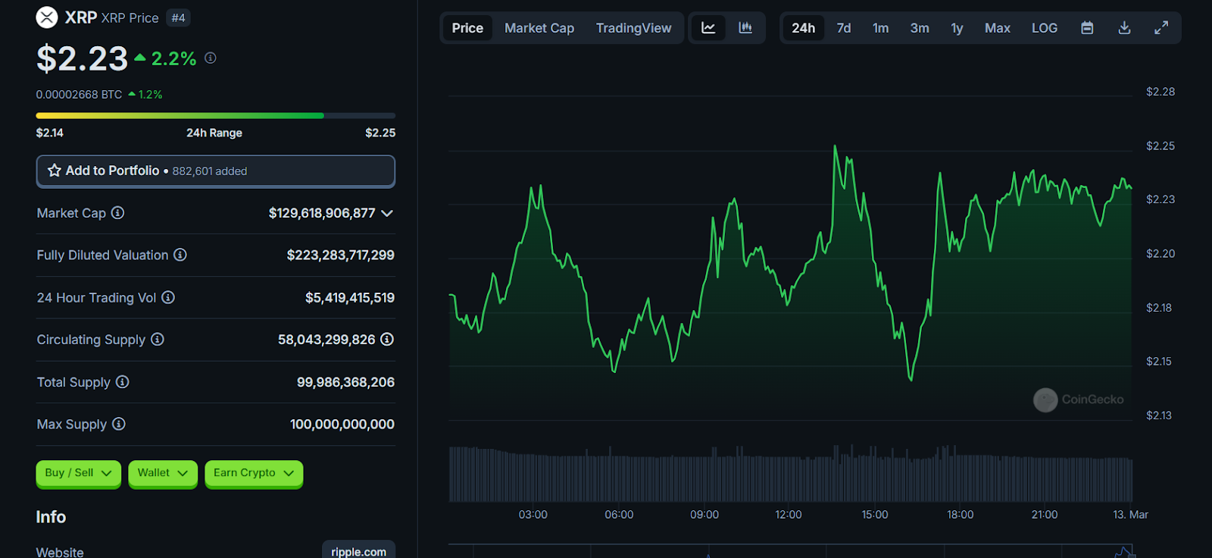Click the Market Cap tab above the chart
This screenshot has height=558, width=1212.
539,28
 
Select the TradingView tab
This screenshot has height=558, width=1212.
633,28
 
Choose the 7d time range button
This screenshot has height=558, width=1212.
843,28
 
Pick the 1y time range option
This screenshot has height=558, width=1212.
957,28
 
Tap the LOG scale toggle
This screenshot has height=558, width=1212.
1044,28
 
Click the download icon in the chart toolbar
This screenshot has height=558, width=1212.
1124,28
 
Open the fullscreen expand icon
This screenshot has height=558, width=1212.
1160,28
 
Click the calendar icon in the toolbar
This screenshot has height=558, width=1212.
1087,28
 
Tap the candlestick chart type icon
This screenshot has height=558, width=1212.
745,28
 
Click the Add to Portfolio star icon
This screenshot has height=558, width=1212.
55,171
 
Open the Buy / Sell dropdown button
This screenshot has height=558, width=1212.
78,473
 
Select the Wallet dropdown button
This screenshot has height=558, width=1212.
162,473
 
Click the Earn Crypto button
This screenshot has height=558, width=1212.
253,473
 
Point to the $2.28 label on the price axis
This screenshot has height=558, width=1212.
1160,92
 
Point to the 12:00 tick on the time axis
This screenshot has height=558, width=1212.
788,515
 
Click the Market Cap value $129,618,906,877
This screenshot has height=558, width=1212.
322,213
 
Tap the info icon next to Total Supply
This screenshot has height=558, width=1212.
122,382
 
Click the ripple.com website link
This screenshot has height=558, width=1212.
358,551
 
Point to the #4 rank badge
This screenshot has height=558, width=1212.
178,18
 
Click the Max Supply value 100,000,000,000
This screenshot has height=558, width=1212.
342,425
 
